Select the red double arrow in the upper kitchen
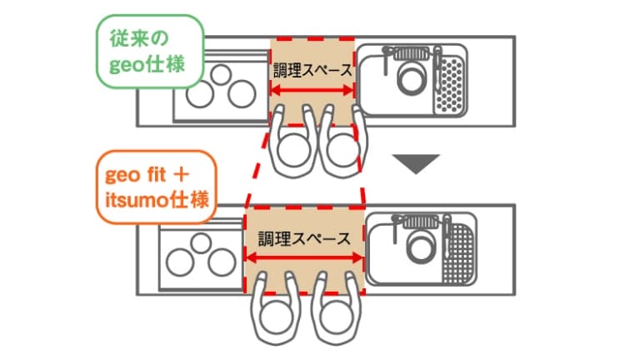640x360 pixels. [312, 92]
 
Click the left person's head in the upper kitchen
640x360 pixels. [293, 149]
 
